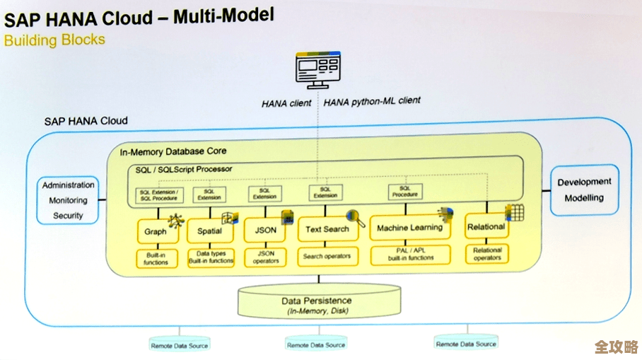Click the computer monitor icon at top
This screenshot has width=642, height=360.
coord(316,71)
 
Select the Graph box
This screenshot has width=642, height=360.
coord(156,231)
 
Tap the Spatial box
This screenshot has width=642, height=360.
coord(209,231)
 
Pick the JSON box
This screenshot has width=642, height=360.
coord(265,231)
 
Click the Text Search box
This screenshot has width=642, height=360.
coord(327,229)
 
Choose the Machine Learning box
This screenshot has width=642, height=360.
coord(409,228)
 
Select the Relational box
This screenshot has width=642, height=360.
coord(486,227)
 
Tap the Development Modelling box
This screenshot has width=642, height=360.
coord(584,190)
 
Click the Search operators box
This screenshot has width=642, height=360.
coord(327,257)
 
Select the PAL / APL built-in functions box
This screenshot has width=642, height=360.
coord(411,255)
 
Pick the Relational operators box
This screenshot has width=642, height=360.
coord(487,254)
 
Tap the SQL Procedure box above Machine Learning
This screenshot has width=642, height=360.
coord(405,192)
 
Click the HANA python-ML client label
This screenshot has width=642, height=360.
coord(372,102)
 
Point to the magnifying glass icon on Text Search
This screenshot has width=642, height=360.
coord(353,216)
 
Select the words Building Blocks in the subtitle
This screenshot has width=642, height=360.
coord(54,40)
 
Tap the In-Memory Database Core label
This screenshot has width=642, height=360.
coord(173,152)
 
